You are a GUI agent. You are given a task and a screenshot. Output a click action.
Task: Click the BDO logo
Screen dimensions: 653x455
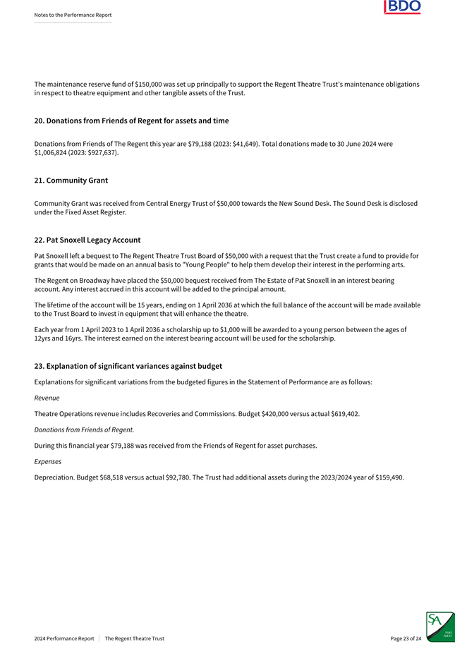point(402,7)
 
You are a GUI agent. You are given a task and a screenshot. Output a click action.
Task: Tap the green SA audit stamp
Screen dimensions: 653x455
point(439,627)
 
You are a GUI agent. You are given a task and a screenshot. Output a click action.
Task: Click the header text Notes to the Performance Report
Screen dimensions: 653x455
point(73,15)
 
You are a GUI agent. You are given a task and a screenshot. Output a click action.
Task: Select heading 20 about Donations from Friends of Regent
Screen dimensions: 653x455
point(131,121)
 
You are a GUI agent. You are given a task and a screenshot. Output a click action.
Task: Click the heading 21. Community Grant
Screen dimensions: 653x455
point(71,181)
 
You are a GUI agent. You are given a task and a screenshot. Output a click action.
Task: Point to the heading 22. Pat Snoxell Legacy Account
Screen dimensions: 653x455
point(87,240)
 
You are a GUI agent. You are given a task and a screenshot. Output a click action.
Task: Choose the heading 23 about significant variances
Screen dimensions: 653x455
point(128,366)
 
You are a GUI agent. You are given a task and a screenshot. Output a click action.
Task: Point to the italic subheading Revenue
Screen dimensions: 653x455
point(47,398)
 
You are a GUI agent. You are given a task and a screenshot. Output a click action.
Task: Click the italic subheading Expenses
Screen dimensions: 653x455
point(48,461)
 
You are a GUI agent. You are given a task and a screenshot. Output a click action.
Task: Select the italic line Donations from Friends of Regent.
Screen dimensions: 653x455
point(84,429)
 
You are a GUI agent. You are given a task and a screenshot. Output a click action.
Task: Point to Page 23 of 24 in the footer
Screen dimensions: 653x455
point(406,638)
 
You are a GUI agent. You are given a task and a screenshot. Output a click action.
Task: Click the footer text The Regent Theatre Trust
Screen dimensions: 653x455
point(134,638)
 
